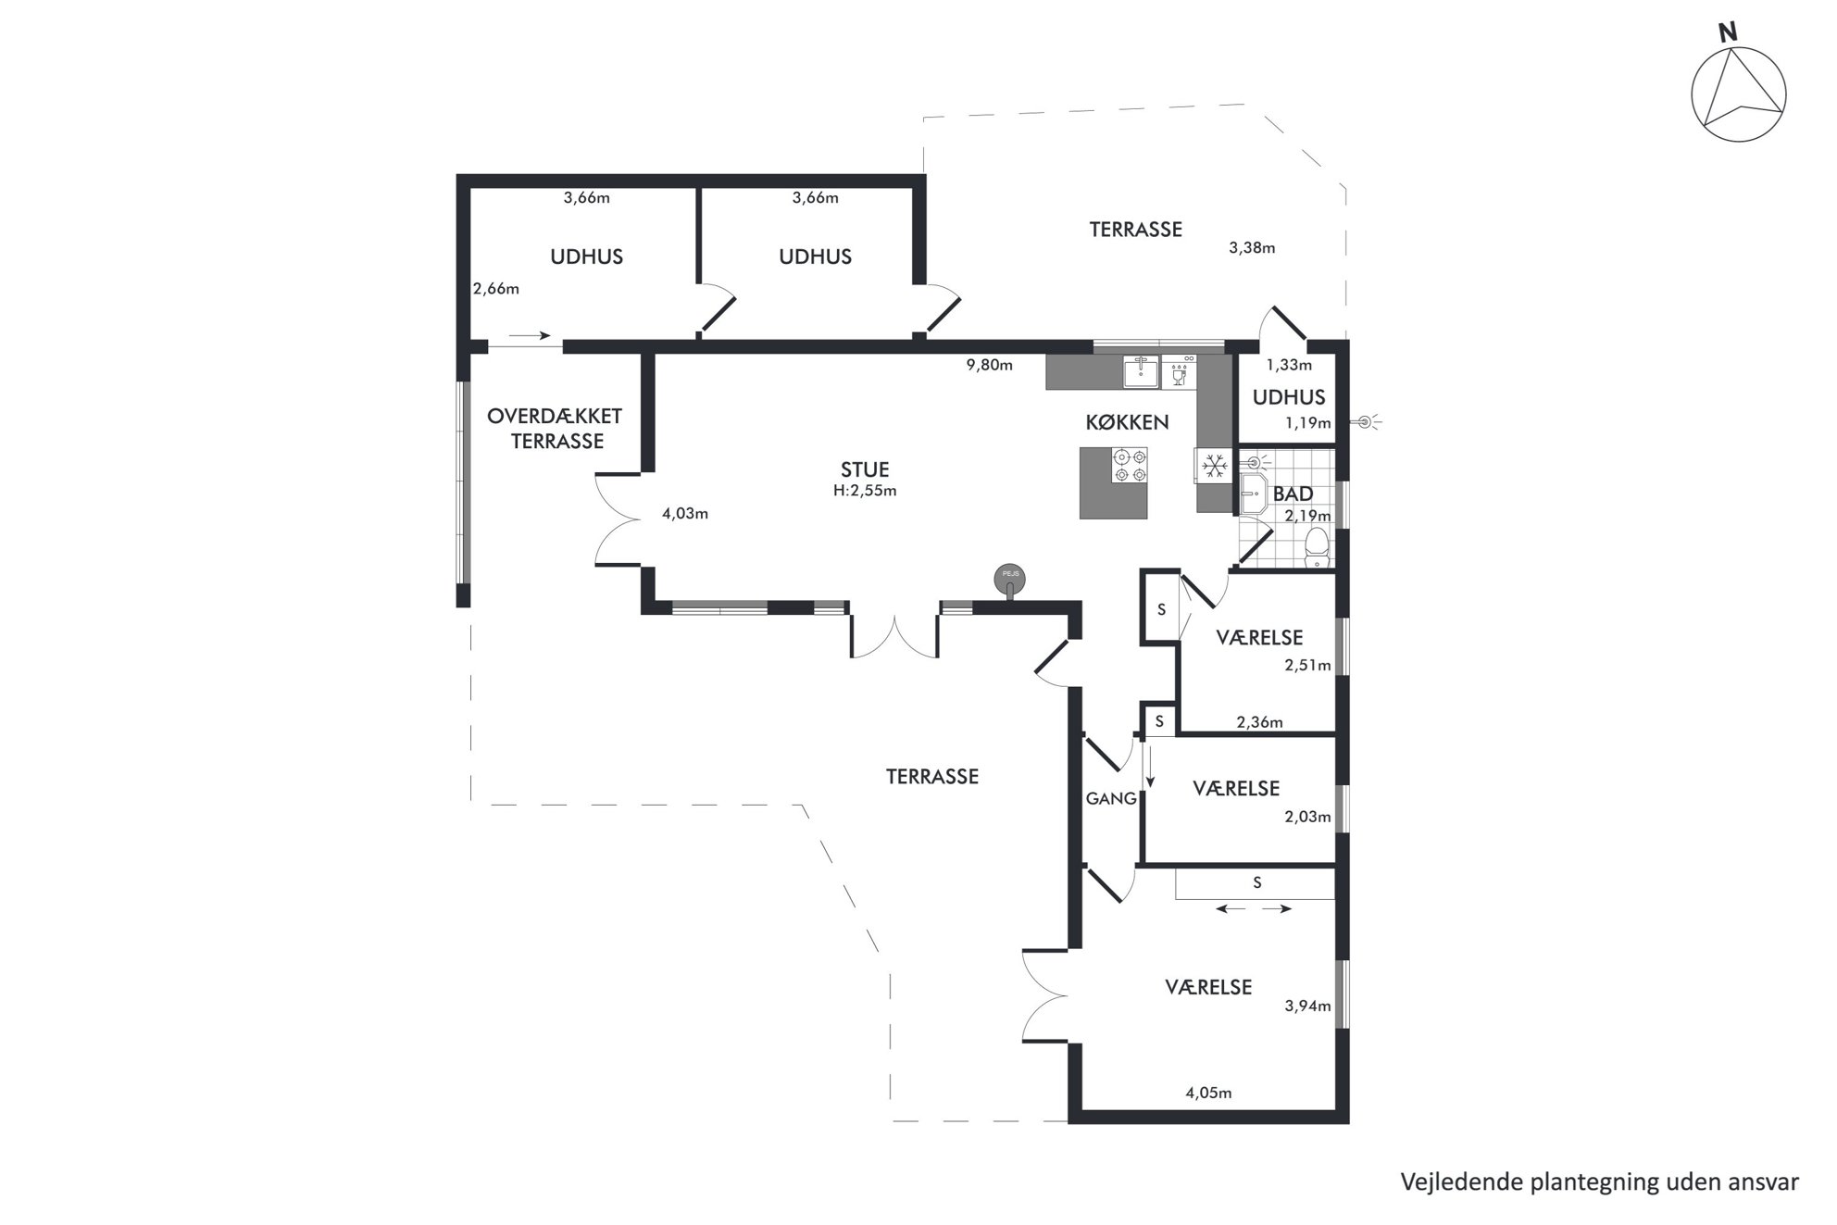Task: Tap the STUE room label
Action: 865,469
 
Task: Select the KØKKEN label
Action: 1127,422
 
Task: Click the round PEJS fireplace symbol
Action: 1009,580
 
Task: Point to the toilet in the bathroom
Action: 1316,547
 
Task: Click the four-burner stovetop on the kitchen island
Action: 1130,465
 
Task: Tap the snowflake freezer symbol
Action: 1214,466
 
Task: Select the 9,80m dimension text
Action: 989,365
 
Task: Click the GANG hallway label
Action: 1111,798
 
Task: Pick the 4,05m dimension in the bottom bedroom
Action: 1208,1093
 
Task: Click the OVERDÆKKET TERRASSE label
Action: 556,429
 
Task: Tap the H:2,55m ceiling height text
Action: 865,491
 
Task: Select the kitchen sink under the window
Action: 1142,371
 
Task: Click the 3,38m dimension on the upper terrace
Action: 1252,247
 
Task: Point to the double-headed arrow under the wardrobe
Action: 1254,909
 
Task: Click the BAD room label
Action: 1293,494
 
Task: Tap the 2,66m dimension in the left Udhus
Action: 496,288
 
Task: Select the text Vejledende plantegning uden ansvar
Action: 1600,1182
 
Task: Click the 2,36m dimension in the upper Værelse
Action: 1259,722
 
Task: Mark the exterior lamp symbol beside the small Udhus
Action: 1366,423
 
